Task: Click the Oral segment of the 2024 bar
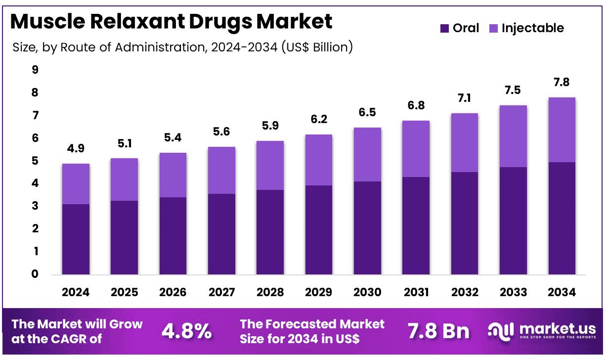76,239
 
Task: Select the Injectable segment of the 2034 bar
562,130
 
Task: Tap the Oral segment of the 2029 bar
319,230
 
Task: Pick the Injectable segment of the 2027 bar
221,170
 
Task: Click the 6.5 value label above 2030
367,112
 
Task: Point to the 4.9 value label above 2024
76,148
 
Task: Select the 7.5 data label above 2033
513,90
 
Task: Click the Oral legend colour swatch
444,29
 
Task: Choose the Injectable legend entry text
532,28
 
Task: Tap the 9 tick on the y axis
35,70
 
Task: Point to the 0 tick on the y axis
35,274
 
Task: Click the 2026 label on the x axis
173,292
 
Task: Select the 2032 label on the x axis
465,292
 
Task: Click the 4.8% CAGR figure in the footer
187,331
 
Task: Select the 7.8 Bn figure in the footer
438,331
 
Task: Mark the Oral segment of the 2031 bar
416,225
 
